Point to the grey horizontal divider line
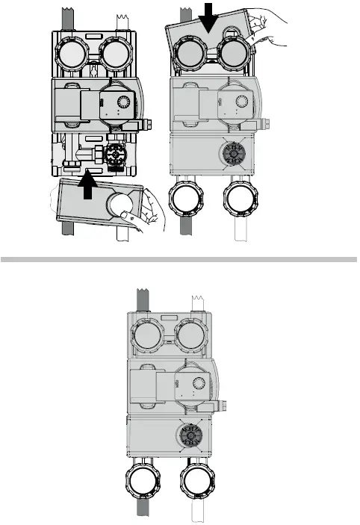[179, 260]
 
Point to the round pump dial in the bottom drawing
[199, 384]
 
